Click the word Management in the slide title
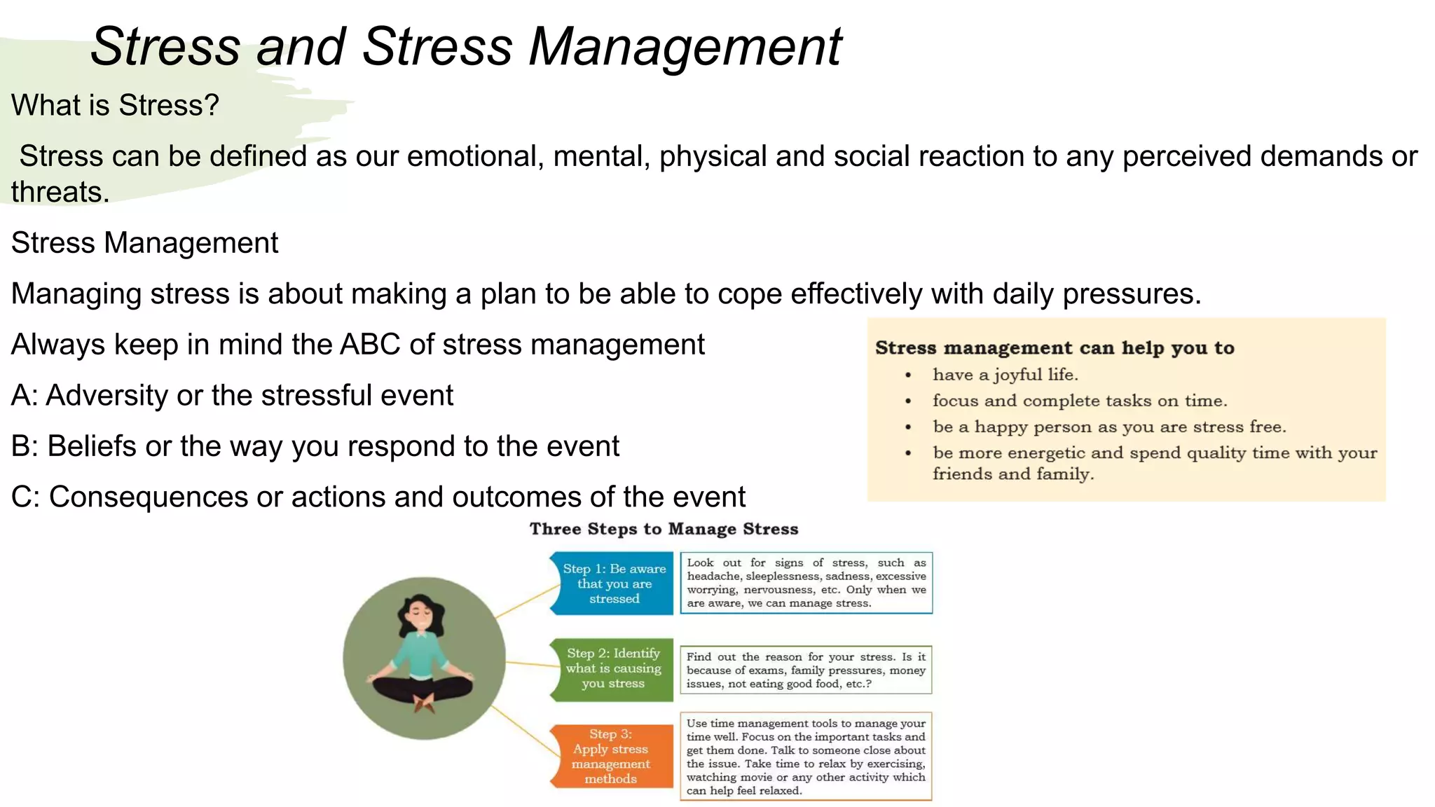(x=685, y=48)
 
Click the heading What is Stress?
(x=115, y=106)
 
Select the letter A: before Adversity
(x=24, y=396)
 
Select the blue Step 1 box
(x=613, y=584)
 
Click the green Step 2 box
(x=613, y=668)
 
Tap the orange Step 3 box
(x=611, y=756)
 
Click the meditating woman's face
(x=420, y=614)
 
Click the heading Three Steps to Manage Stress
(x=664, y=529)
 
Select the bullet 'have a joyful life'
(x=1005, y=375)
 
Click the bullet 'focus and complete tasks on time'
(x=1079, y=401)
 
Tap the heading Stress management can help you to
(x=1055, y=347)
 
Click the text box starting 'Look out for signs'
(x=806, y=583)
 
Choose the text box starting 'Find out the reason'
(x=806, y=670)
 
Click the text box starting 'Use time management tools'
(x=806, y=757)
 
